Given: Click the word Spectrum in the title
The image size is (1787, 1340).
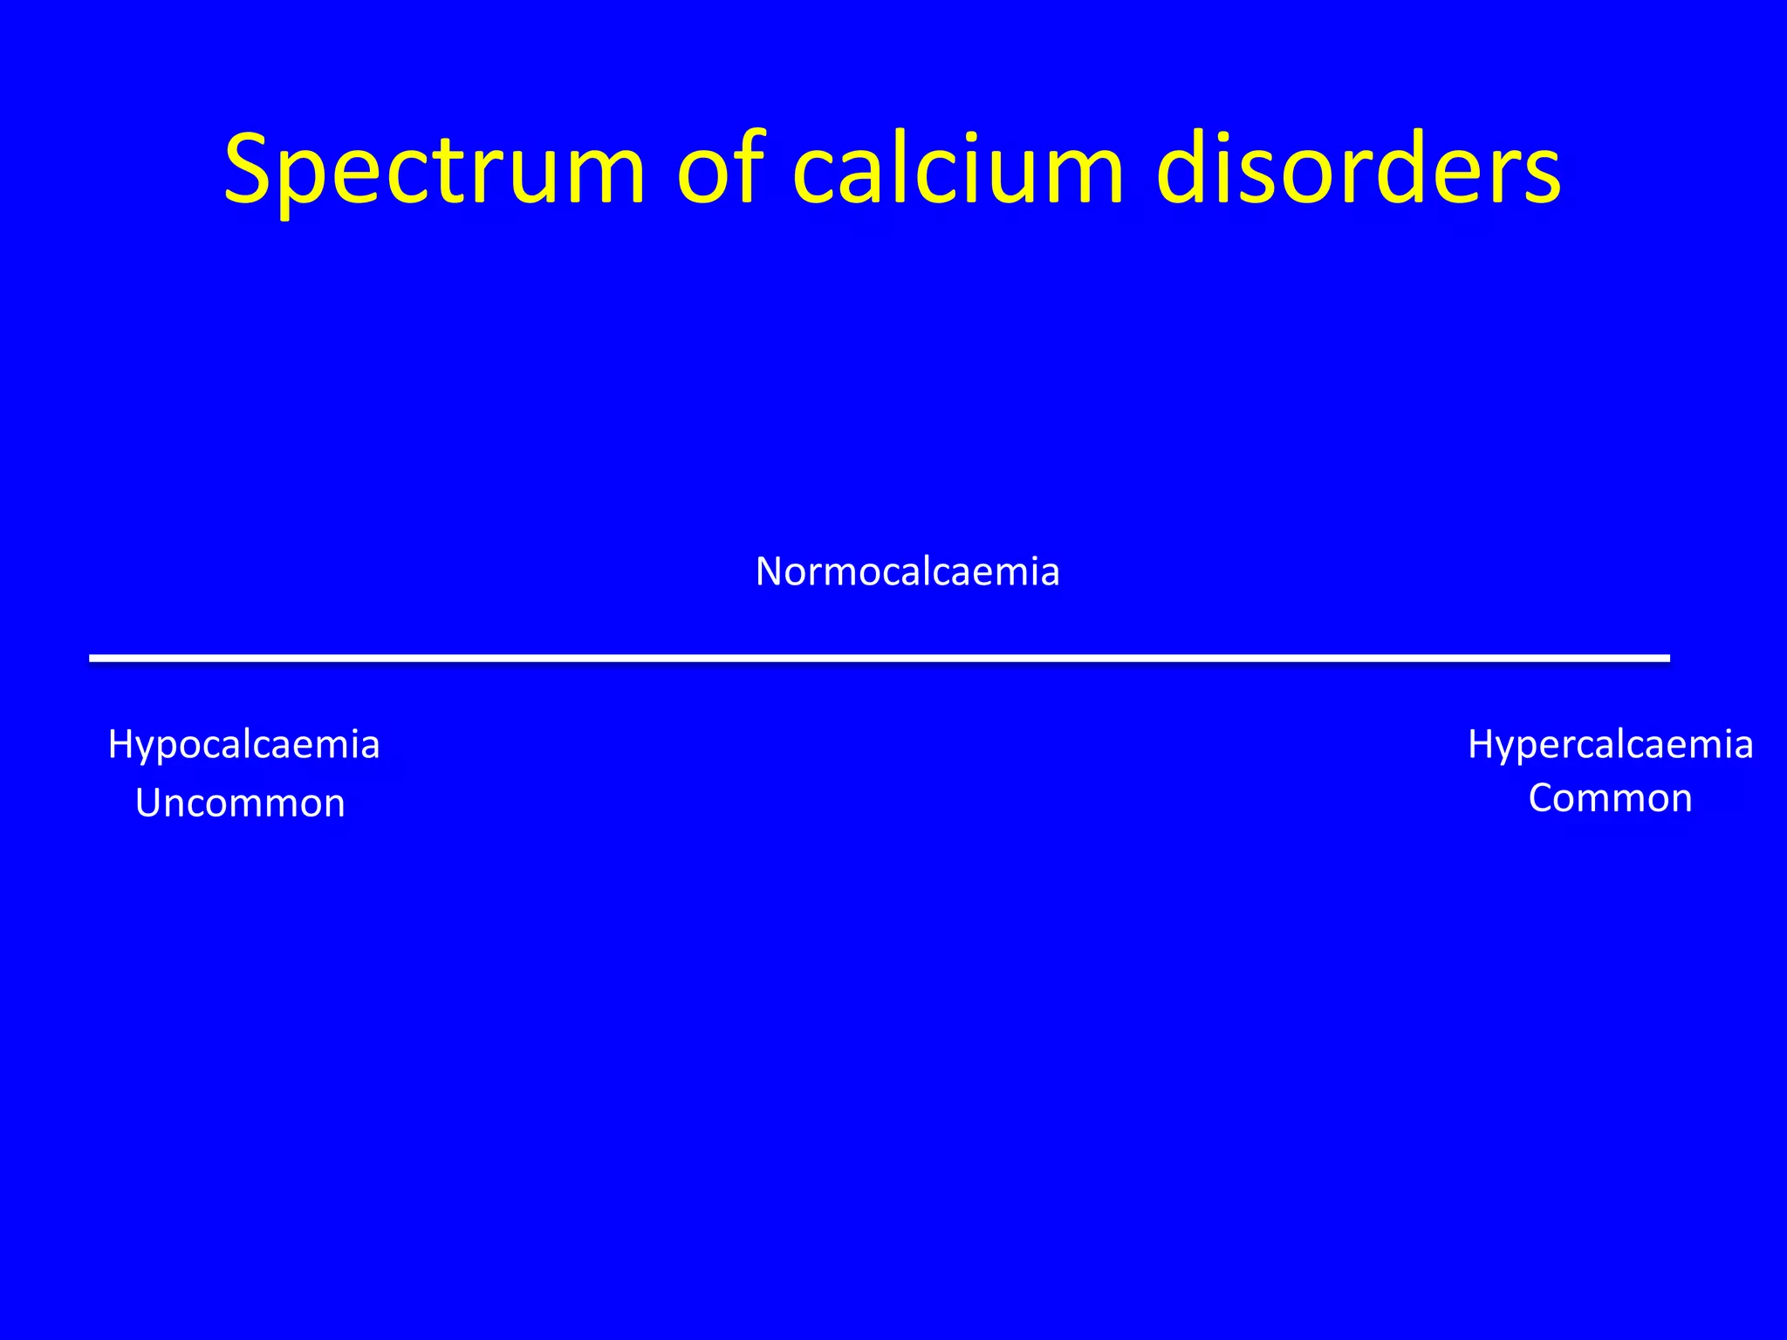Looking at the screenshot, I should (x=434, y=170).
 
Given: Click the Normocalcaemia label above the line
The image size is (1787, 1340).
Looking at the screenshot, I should (x=907, y=572).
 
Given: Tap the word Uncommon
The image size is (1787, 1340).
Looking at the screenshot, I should (x=240, y=803).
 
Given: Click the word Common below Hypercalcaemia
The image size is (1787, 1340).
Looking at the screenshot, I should (x=1610, y=798).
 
